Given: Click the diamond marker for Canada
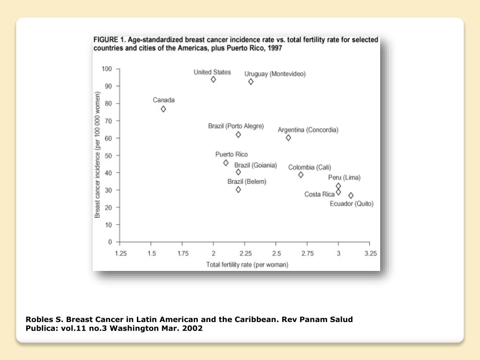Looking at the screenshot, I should click(x=163, y=109).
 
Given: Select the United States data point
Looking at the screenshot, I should click(x=213, y=80).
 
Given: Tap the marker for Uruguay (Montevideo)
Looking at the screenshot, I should click(x=251, y=82).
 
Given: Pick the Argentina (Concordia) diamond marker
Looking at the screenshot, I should click(x=288, y=138).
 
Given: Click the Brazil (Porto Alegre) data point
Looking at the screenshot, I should click(x=238, y=135).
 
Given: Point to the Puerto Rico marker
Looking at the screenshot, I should click(x=226, y=163).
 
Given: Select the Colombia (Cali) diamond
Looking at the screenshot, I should click(x=301, y=175).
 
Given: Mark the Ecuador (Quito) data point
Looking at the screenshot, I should click(x=351, y=195).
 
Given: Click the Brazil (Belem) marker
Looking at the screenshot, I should click(x=238, y=190).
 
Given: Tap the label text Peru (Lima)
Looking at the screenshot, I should click(x=344, y=178).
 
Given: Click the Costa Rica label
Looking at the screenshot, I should click(x=320, y=194).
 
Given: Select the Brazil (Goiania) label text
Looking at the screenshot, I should click(x=255, y=165).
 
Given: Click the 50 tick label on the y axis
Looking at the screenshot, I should click(x=108, y=155).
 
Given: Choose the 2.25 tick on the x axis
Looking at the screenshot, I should click(x=245, y=254).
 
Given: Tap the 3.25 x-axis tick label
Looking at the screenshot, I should click(x=370, y=254).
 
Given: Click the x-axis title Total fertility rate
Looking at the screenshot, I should click(x=247, y=265).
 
